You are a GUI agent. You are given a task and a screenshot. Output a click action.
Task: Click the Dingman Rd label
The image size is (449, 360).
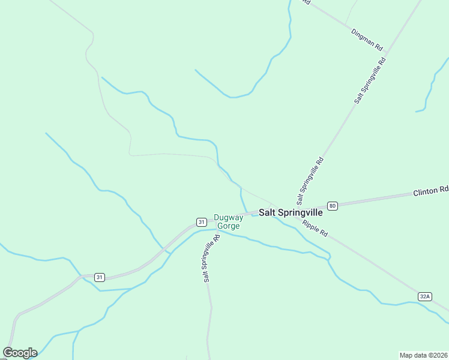pos(367,37)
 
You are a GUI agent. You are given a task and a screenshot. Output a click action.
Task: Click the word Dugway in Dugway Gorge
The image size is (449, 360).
pos(229,218)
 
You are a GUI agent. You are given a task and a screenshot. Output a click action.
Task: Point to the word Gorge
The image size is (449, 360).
pos(229,226)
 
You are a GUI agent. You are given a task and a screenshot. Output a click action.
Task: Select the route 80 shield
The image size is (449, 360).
pos(333,206)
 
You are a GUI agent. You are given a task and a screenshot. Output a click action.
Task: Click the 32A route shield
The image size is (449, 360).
pos(425,296)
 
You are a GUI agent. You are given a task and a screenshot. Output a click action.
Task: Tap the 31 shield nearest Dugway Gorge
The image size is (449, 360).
pos(201,221)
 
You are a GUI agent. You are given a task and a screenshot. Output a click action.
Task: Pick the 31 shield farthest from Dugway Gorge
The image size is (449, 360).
pos(100,277)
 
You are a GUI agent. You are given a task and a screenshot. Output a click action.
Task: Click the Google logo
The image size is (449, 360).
pos(20,353)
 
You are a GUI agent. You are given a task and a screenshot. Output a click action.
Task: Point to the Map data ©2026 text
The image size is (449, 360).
pos(423,355)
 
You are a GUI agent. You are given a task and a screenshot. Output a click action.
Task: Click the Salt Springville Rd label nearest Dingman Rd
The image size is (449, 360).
pos(370,80)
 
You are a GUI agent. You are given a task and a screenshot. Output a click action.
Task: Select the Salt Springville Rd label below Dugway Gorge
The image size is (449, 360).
pos(211,258)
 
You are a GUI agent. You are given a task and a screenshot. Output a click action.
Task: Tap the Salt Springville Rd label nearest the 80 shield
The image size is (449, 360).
pos(310,180)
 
